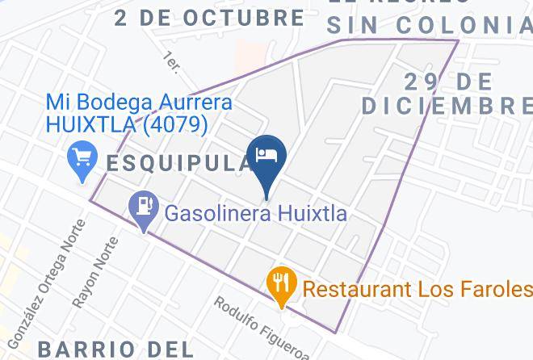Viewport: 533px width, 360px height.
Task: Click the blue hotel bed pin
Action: [266, 156]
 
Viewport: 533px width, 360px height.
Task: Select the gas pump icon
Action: [142, 206]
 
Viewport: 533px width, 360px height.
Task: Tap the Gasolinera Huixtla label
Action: [256, 214]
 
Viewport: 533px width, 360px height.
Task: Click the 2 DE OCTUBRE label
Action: [209, 17]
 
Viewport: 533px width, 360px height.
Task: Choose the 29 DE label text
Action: [447, 81]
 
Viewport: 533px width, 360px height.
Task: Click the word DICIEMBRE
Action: [447, 106]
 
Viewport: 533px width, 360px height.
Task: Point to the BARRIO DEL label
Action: [115, 349]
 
